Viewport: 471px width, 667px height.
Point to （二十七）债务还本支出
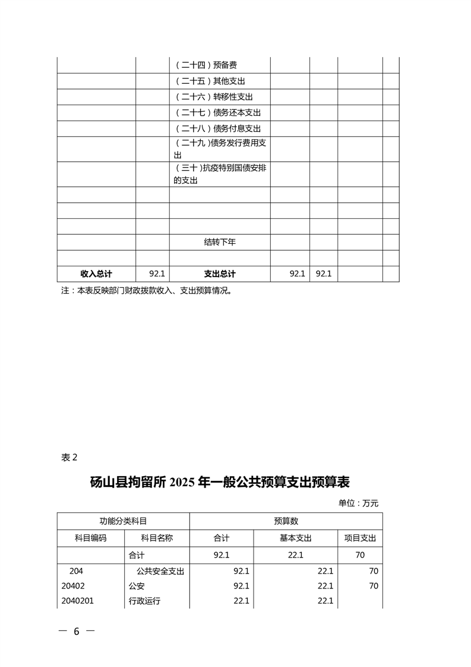pyautogui.click(x=218, y=113)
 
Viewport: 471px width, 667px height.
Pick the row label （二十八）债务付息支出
pyautogui.click(x=218, y=128)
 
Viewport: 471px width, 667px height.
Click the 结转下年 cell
pyautogui.click(x=220, y=242)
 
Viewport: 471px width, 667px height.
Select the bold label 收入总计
pyautogui.click(x=96, y=274)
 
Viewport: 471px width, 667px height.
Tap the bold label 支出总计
pyautogui.click(x=220, y=274)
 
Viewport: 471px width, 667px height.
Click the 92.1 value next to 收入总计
pyautogui.click(x=157, y=274)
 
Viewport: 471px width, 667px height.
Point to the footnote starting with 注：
pyautogui.click(x=146, y=291)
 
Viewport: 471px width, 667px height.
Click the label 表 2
pyautogui.click(x=69, y=457)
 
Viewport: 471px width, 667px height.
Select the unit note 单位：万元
pyautogui.click(x=358, y=504)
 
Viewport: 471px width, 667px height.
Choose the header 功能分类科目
pyautogui.click(x=123, y=521)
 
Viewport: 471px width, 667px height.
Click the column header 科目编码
pyautogui.click(x=90, y=538)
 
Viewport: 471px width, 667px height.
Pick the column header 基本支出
pyautogui.click(x=295, y=538)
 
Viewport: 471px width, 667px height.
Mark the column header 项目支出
pyautogui.click(x=360, y=538)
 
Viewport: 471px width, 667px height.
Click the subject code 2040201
pyautogui.click(x=78, y=601)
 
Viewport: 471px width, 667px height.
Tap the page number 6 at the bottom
pyautogui.click(x=76, y=631)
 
